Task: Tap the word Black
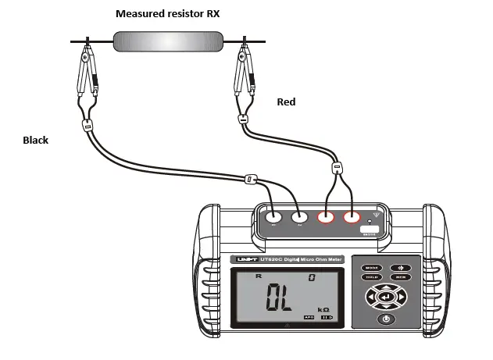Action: tap(35, 141)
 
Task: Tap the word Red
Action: tap(288, 102)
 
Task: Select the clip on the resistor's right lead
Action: tap(245, 75)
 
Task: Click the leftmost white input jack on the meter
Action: tap(273, 219)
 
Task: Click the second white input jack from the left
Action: tap(299, 219)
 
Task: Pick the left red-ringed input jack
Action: tap(327, 219)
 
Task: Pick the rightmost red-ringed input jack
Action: tap(352, 219)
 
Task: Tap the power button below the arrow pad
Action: tap(385, 319)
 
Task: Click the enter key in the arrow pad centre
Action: tap(385, 297)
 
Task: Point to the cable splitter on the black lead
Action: tap(250, 179)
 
